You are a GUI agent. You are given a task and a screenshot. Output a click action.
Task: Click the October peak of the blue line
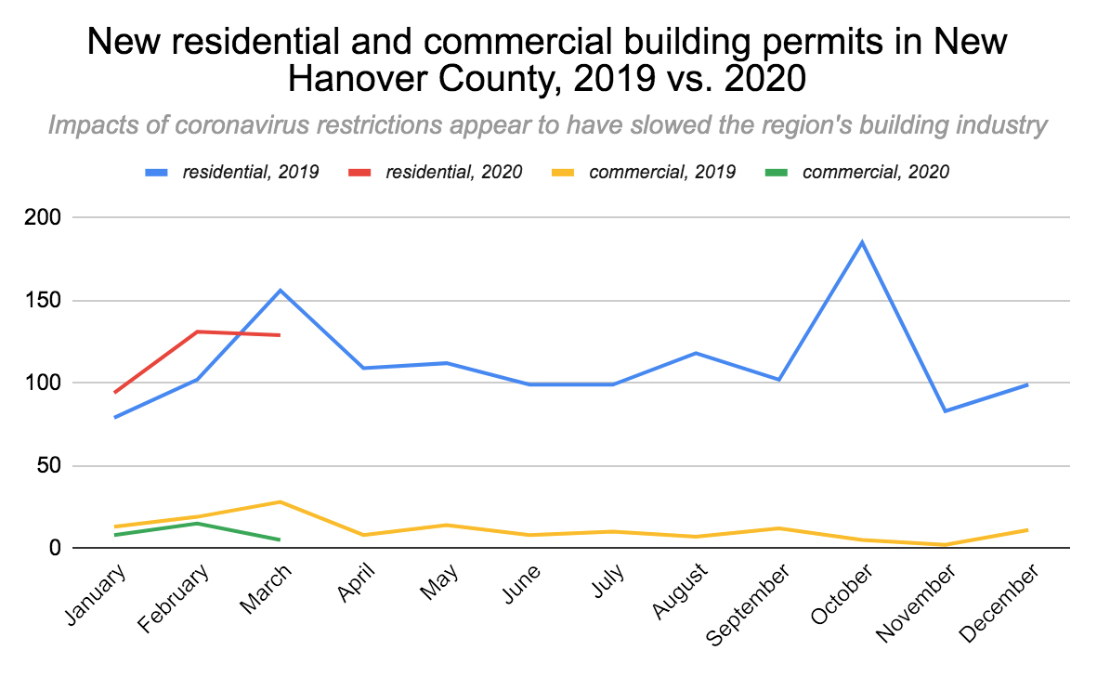[862, 242]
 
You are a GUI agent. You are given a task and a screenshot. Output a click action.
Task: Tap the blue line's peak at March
[281, 291]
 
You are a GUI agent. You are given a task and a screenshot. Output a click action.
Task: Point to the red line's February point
[197, 331]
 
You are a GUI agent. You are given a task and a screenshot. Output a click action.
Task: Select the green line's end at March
[280, 539]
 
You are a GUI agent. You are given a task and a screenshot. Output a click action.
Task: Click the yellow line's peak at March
[281, 501]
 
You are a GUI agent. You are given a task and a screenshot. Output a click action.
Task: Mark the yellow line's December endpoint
[1027, 529]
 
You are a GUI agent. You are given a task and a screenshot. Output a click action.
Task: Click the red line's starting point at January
[114, 393]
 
